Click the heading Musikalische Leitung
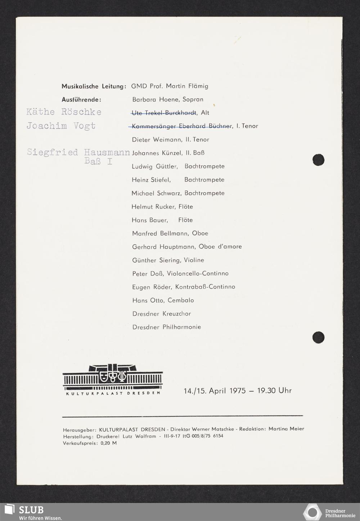click(93, 86)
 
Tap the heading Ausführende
click(81, 100)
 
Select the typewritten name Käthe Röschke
click(64, 112)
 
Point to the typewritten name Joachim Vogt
click(61, 126)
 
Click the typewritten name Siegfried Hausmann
click(78, 152)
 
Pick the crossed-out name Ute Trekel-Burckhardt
click(164, 113)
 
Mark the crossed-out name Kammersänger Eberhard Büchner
click(182, 126)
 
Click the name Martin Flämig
click(187, 86)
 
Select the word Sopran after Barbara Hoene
click(193, 100)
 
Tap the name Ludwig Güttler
click(155, 166)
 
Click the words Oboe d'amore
click(220, 247)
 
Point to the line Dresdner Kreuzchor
click(162, 314)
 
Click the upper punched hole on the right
click(318, 160)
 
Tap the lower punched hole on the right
click(318, 337)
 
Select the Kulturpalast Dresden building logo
click(113, 379)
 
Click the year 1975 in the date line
click(237, 391)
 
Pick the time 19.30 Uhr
click(274, 391)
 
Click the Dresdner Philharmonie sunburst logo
click(312, 512)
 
